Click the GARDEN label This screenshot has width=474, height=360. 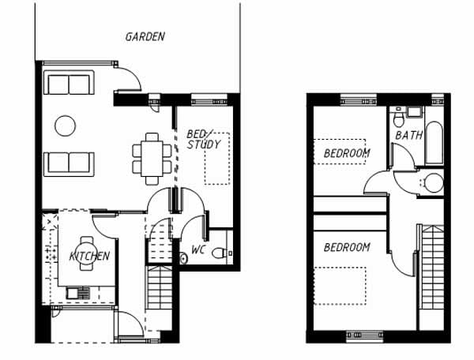pyautogui.click(x=145, y=37)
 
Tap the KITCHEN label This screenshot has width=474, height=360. pyautogui.click(x=89, y=256)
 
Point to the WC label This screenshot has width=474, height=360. pyautogui.click(x=198, y=250)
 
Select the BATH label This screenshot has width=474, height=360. pyautogui.click(x=409, y=135)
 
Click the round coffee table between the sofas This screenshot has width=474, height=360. pyautogui.click(x=65, y=126)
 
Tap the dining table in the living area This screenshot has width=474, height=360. pyautogui.click(x=152, y=159)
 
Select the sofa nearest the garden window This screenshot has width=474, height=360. pyautogui.click(x=69, y=82)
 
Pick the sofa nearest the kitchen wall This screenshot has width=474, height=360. pyautogui.click(x=69, y=164)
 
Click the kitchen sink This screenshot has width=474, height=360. pyautogui.click(x=78, y=293)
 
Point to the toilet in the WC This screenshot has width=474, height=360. pyautogui.click(x=220, y=253)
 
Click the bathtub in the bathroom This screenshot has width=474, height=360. pyautogui.click(x=434, y=143)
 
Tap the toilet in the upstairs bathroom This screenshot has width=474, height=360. pyautogui.click(x=398, y=118)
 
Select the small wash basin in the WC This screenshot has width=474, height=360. pyautogui.click(x=183, y=258)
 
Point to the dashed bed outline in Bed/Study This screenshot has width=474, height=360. pyautogui.click(x=217, y=159)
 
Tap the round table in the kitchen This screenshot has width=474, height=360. pyautogui.click(x=87, y=253)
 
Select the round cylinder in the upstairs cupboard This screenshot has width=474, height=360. pyautogui.click(x=434, y=182)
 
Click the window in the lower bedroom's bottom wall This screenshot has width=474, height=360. pyautogui.click(x=364, y=336)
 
